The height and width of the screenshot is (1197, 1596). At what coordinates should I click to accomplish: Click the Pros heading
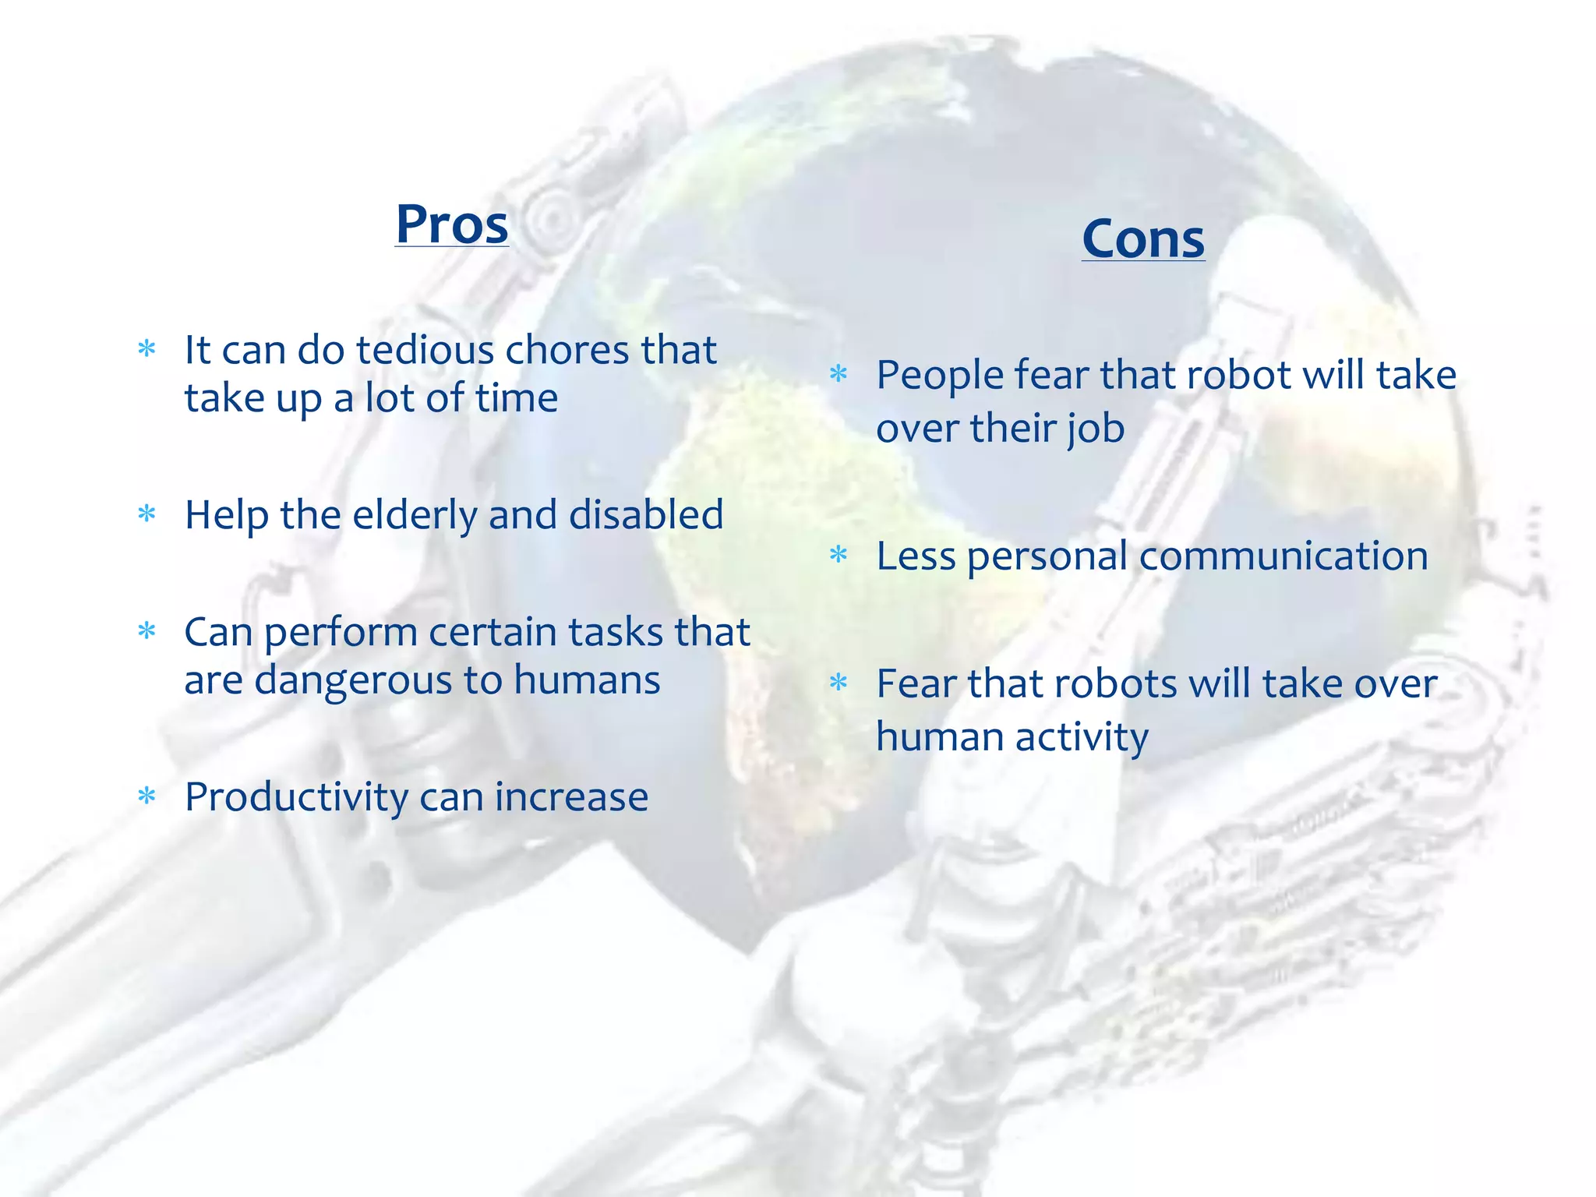[x=451, y=224]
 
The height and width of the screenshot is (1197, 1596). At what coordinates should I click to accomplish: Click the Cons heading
[x=1142, y=238]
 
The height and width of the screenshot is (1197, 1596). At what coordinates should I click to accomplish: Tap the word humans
[x=587, y=680]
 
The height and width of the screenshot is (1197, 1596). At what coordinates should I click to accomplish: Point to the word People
[x=940, y=376]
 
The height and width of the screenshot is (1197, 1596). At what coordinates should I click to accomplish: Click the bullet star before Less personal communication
[x=839, y=555]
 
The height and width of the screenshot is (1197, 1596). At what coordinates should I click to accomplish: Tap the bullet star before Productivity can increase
[x=147, y=796]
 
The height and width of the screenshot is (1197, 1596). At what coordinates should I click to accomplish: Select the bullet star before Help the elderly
[x=147, y=514]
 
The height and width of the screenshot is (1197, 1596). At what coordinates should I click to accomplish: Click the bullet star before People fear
[x=839, y=374]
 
